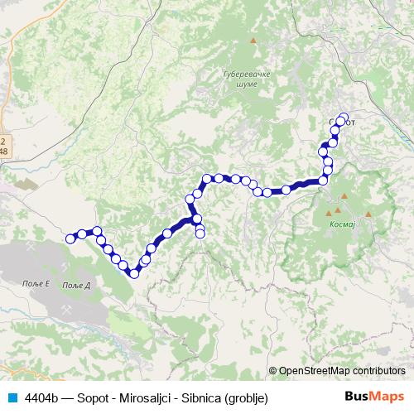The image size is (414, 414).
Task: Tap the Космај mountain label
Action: [x=341, y=224]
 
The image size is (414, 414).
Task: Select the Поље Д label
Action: [x=77, y=284]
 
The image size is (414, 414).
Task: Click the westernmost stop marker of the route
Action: [x=70, y=239]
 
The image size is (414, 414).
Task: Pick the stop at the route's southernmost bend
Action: [x=133, y=273]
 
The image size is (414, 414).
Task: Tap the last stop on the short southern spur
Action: [x=200, y=234]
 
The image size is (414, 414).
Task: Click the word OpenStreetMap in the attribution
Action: [x=319, y=371]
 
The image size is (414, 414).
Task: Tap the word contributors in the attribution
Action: [x=381, y=371]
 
